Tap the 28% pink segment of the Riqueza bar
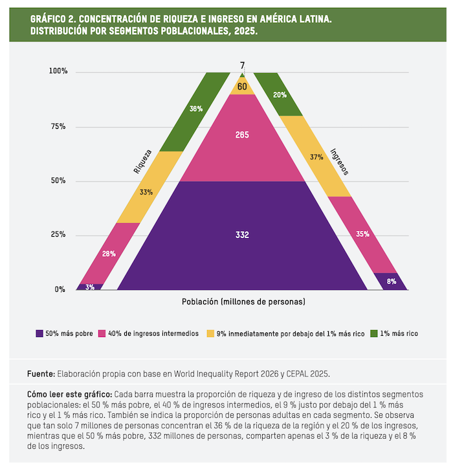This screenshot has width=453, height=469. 109,253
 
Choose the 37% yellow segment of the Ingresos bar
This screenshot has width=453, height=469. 316,157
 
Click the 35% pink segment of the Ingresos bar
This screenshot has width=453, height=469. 363,234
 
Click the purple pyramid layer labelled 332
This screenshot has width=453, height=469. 242,235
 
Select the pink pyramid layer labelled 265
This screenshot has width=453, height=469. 242,135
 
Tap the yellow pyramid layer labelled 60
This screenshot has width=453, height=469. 242,87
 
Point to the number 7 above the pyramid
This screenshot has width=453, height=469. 242,65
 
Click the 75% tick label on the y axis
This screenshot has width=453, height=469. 58,127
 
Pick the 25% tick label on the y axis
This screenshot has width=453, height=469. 58,235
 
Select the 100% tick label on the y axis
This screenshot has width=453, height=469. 58,71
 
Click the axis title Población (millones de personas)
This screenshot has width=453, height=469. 243,302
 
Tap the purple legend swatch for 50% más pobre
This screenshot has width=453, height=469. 39,334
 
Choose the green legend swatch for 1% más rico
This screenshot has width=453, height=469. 373,334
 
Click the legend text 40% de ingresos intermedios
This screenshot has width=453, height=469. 153,334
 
